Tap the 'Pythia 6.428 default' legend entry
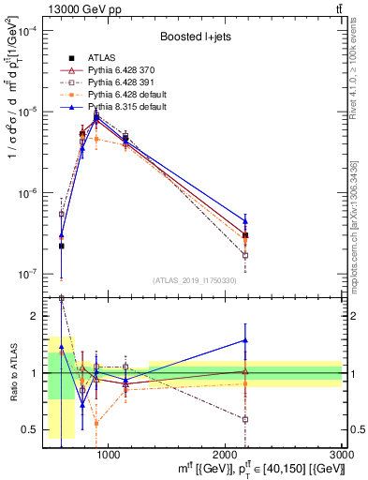point(127,95)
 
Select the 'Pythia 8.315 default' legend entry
point(127,107)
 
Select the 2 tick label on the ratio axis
point(36,317)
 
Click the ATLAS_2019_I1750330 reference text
point(194,280)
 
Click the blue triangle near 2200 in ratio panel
point(245,340)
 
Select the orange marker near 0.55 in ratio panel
point(96,424)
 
